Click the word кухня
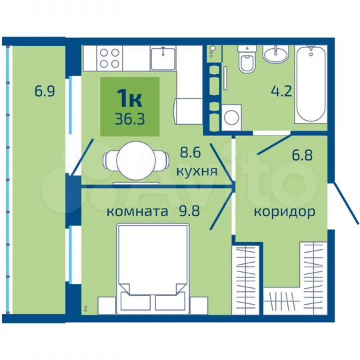pyautogui.click(x=197, y=171)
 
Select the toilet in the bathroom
pyautogui.click(x=246, y=63)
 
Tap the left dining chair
pyautogui.click(x=111, y=160)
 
